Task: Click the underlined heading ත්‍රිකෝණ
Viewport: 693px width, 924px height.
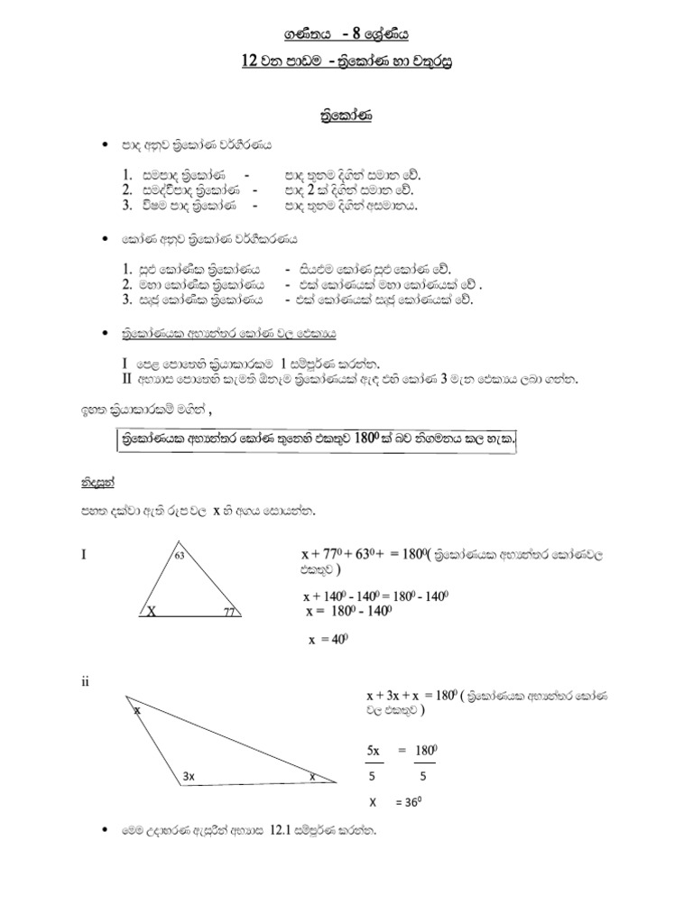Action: (346, 117)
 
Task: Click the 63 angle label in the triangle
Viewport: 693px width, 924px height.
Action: (180, 555)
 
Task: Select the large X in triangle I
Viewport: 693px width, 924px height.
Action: (151, 611)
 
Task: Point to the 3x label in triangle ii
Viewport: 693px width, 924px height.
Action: (190, 775)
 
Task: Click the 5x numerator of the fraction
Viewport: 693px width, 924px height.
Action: (374, 751)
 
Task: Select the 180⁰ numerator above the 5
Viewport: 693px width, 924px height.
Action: (426, 751)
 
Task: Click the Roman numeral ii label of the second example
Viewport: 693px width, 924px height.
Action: (85, 682)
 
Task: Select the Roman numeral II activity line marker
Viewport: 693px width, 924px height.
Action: (127, 378)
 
